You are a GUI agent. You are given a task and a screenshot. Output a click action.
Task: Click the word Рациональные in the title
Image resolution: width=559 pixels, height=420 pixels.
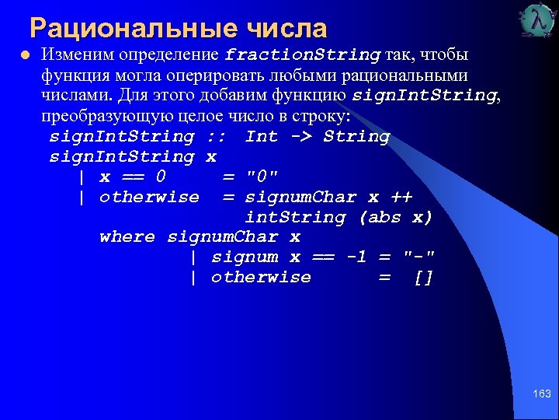tap(133, 29)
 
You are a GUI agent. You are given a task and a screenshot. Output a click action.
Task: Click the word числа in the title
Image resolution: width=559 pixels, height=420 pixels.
tap(286, 29)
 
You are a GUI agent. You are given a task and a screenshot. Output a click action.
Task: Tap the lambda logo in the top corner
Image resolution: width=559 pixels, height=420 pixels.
tap(539, 21)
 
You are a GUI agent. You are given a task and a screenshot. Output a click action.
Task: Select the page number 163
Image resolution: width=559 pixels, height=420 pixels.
tap(541, 394)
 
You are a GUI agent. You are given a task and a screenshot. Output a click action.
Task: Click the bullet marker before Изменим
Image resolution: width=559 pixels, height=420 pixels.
tap(25, 56)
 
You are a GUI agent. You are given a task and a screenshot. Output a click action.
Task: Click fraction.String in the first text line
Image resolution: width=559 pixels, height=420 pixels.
tap(303, 55)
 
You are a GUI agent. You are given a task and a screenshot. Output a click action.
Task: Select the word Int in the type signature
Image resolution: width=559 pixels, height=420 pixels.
tap(262, 136)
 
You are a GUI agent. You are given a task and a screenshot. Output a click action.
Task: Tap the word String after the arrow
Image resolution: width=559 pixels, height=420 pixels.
tap(356, 136)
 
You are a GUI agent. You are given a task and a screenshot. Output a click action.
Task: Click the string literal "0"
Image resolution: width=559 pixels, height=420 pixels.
tap(262, 177)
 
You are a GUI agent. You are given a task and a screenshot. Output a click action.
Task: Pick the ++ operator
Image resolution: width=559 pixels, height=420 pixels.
tap(401, 197)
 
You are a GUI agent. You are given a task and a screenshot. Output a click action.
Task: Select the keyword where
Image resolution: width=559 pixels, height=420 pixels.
tap(127, 237)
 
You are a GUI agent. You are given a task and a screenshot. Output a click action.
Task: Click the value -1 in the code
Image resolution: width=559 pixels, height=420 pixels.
tap(356, 257)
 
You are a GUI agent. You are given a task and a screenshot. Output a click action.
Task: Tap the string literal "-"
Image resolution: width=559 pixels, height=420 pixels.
tap(419, 257)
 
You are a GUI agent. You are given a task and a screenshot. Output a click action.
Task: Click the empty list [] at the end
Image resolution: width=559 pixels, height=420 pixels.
tap(423, 278)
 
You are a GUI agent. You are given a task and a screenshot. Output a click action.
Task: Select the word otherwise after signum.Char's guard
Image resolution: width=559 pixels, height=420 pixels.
tap(261, 278)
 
